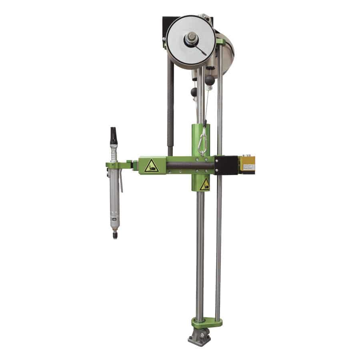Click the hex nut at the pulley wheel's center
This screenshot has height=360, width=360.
tap(190, 38)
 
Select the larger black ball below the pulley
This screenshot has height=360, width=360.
tap(210, 80)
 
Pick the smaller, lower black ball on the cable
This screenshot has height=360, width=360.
tap(194, 92)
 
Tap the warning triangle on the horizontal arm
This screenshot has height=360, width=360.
tap(151, 166)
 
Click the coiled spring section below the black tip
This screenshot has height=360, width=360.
tap(114, 154)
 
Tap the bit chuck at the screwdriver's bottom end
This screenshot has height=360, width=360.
tap(115, 234)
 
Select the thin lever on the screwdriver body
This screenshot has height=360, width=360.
tap(121, 182)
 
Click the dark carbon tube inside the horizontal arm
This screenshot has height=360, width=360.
tap(190, 165)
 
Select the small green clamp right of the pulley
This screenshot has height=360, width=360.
tap(220, 42)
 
